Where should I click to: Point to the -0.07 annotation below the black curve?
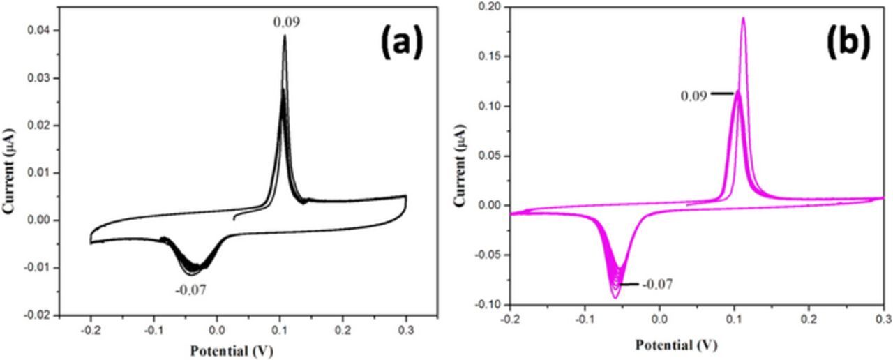[x=191, y=288]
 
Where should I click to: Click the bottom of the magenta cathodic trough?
[x=615, y=298]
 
